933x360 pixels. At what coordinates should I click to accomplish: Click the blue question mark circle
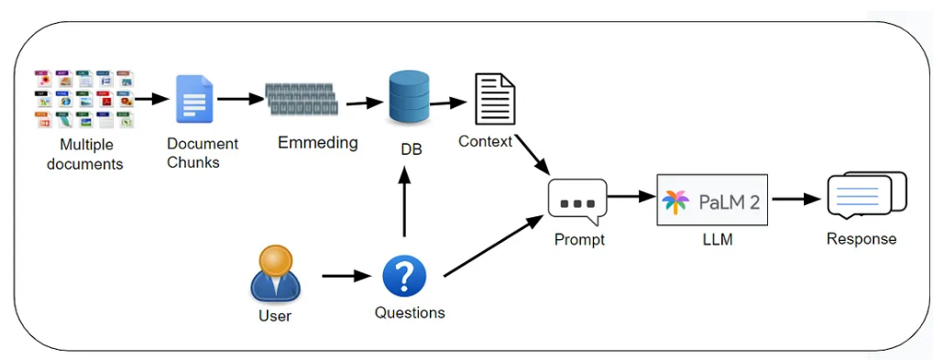coord(404,276)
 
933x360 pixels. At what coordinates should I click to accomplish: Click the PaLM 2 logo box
coord(712,201)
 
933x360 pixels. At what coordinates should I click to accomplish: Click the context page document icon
coord(494,99)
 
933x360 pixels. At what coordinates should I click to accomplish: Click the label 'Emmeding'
coord(317,143)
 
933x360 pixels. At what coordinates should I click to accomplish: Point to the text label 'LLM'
coord(712,239)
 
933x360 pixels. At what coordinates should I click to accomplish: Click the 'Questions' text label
coord(410,313)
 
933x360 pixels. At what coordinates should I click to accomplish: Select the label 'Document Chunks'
coord(203,153)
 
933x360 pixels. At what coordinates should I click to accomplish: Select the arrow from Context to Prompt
coord(532,156)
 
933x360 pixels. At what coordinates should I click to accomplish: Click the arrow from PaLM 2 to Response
coord(795,199)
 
